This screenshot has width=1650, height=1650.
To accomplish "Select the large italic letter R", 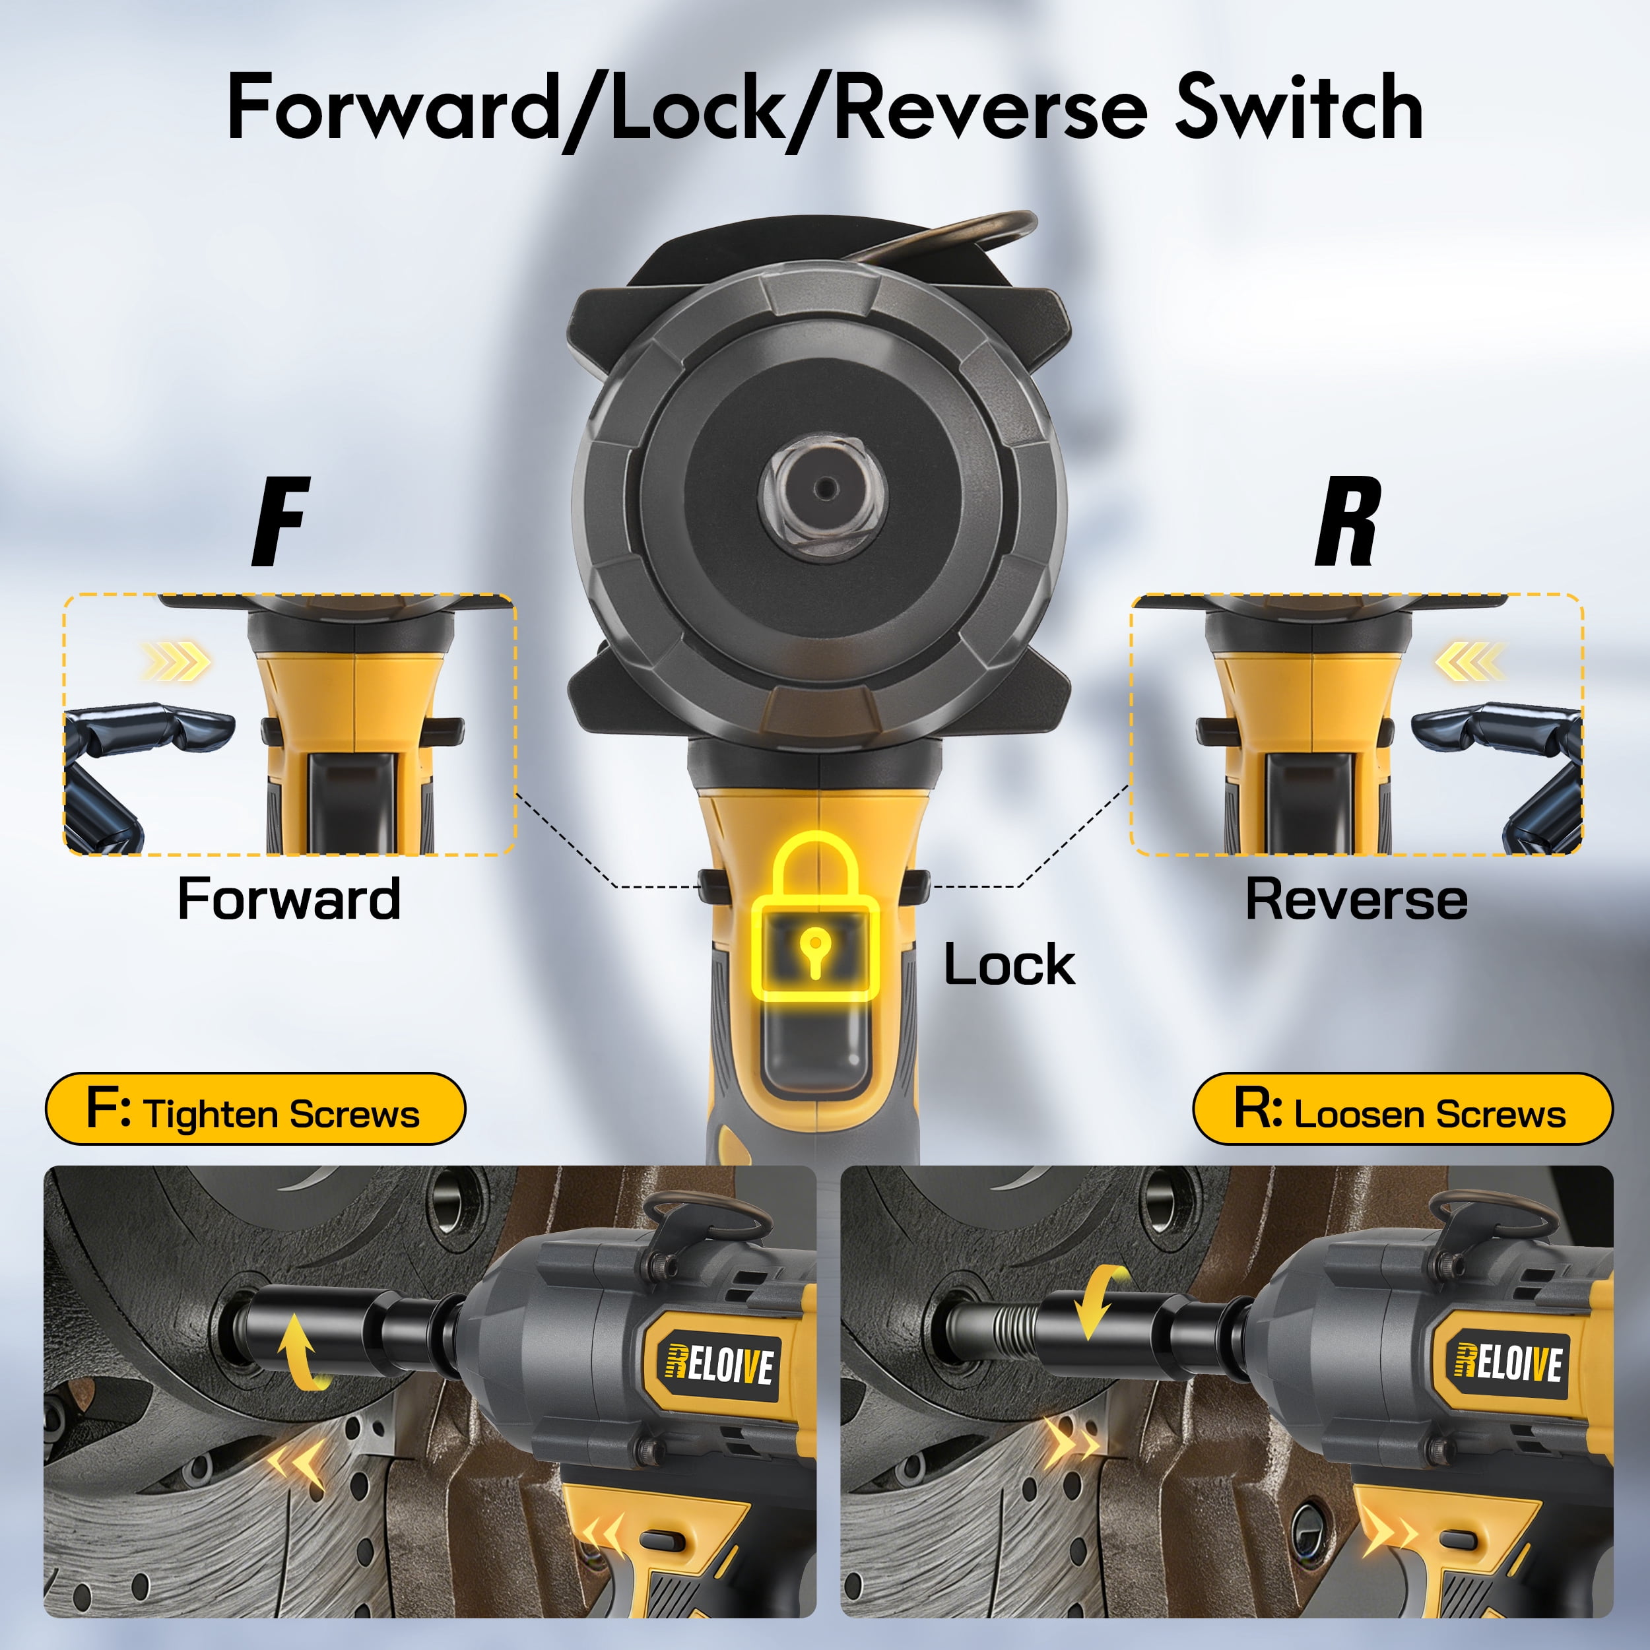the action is [1347, 522].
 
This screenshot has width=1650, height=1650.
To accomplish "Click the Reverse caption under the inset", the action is [1356, 900].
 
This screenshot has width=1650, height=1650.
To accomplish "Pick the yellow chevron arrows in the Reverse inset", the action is [1470, 661].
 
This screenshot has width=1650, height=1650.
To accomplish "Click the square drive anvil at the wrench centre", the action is [823, 488].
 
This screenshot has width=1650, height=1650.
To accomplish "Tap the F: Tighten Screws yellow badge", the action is [255, 1109].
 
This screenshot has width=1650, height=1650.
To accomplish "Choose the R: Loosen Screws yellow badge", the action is [1402, 1109].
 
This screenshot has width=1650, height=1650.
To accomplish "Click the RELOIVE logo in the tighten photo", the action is [720, 1365].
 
